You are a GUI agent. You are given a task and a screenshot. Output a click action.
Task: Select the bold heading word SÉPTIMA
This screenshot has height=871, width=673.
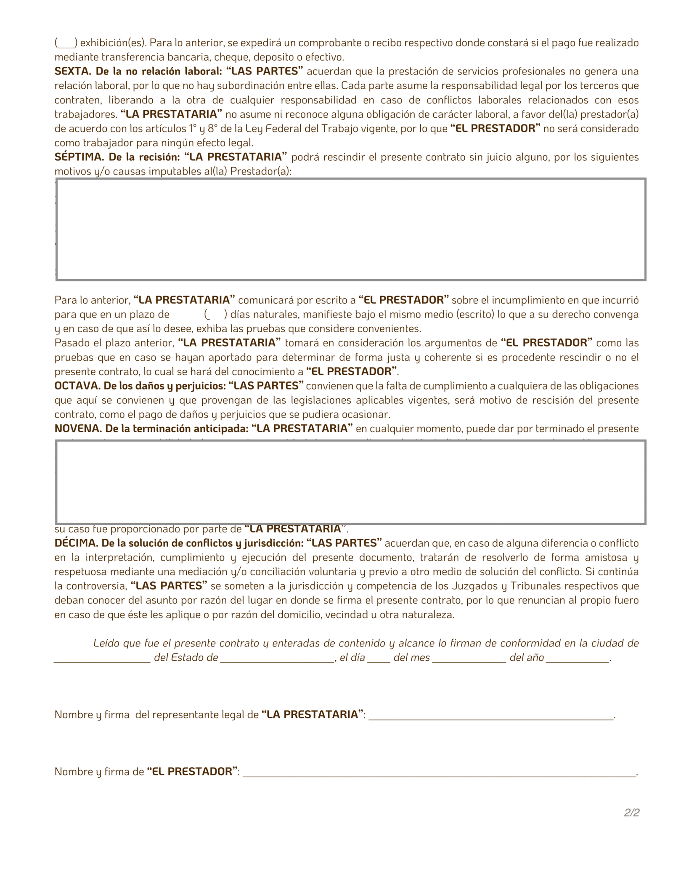tap(79, 157)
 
